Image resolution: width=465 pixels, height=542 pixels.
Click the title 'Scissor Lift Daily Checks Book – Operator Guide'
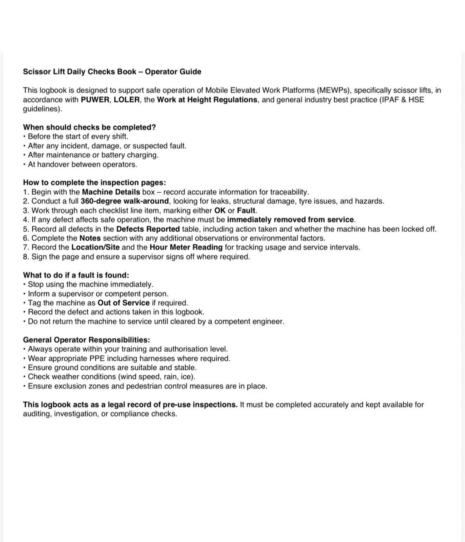pos(112,72)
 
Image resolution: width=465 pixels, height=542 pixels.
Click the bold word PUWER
pos(94,100)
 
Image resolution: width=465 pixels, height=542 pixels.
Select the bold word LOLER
pos(127,100)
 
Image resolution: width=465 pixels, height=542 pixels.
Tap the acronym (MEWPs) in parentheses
pos(333,90)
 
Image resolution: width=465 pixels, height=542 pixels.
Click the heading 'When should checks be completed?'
pos(89,127)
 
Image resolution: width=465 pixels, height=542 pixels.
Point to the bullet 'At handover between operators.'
pos(82,164)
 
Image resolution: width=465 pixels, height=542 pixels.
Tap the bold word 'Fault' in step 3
pos(247,211)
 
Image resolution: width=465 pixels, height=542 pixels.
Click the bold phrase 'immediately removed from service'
pos(291,220)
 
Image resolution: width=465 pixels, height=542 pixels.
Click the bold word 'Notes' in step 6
pos(90,239)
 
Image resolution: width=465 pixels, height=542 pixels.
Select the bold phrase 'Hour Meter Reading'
pos(186,248)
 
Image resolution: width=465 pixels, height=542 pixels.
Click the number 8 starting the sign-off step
pos(25,257)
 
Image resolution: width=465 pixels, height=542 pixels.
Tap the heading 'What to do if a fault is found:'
pos(76,275)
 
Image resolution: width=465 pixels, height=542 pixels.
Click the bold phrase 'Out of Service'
pos(124,303)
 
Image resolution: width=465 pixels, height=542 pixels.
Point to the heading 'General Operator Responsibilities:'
pos(86,340)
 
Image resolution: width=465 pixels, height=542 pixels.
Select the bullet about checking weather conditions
pos(111,377)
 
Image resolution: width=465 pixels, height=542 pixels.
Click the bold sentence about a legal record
pos(130,405)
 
